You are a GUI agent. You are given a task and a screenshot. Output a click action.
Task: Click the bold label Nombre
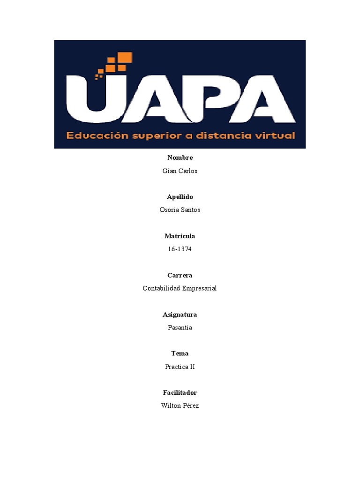180,157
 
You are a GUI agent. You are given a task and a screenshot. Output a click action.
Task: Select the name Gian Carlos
180,171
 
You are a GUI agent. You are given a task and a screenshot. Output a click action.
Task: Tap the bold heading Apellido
180,197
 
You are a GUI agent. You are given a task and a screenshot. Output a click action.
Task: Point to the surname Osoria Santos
180,210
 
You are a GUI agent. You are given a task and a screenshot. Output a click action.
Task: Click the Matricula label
180,236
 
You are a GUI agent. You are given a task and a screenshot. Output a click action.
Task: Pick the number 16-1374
180,249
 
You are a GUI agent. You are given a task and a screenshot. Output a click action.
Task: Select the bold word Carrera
180,275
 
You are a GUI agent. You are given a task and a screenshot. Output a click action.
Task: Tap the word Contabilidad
159,288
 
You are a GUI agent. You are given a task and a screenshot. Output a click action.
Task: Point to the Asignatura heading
180,315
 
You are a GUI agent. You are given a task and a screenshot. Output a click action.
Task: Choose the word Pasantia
180,327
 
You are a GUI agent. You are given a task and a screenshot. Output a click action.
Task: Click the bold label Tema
180,353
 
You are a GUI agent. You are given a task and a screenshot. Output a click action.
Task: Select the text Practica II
180,367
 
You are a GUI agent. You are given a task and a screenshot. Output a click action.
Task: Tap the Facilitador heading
180,392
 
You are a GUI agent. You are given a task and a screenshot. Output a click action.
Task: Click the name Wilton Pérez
180,405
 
